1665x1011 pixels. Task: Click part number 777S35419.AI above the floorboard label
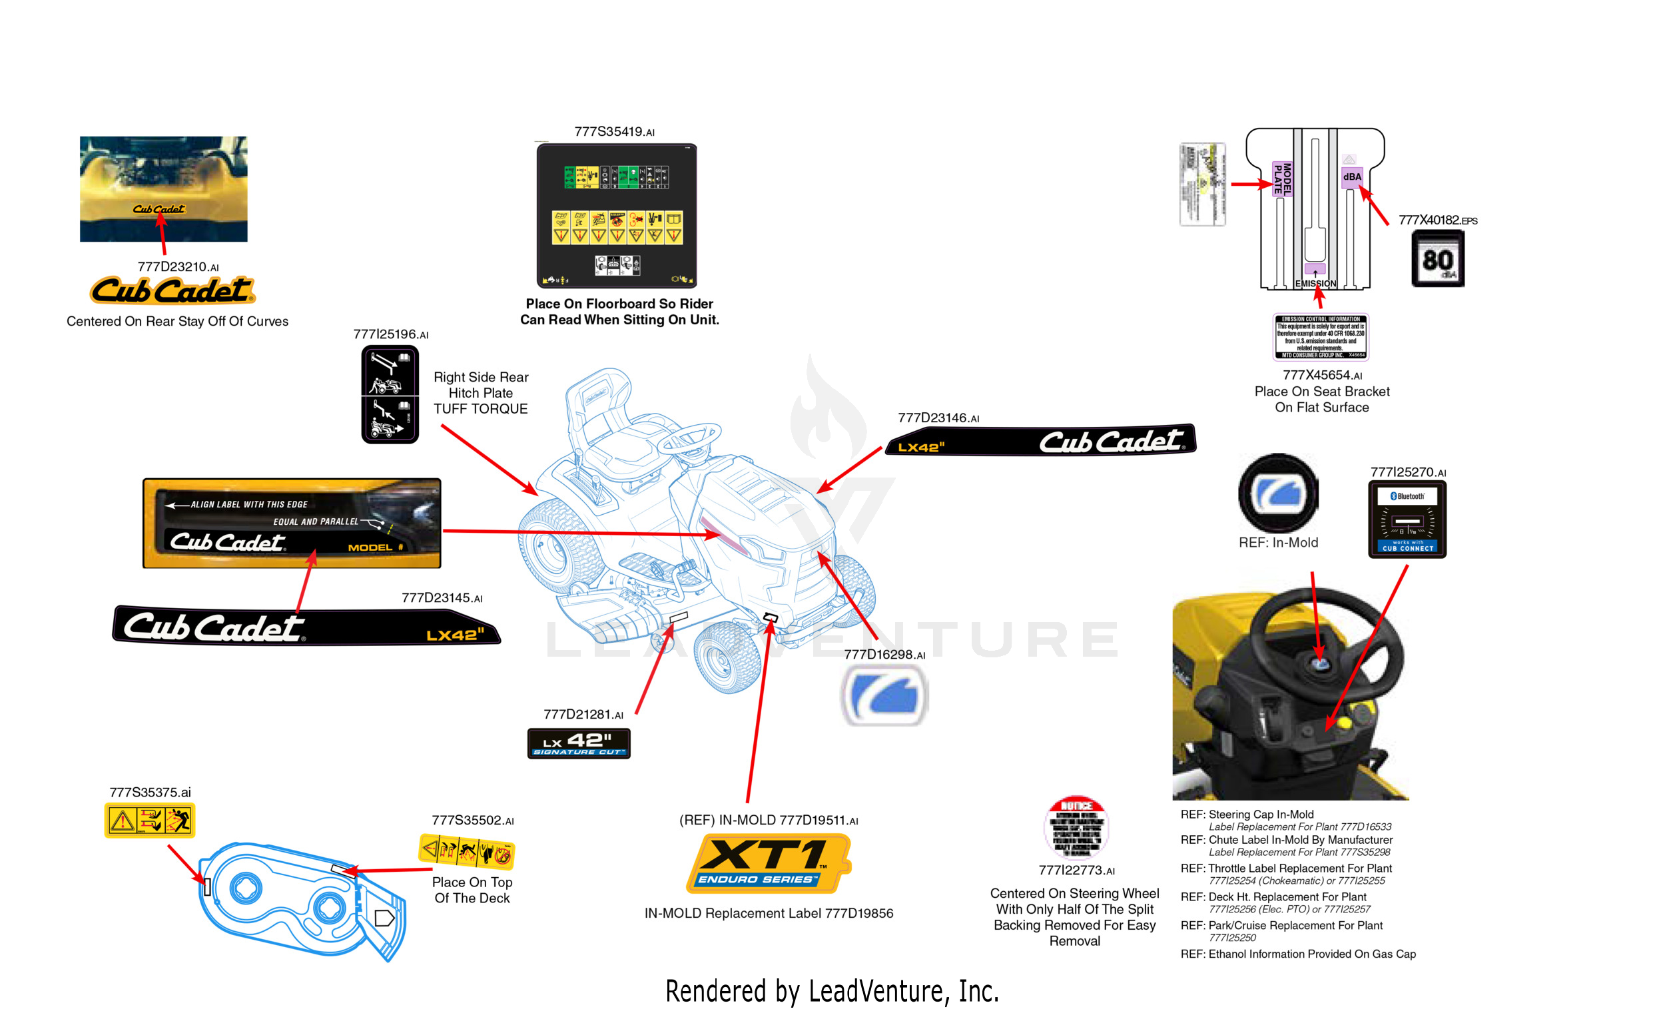tap(613, 132)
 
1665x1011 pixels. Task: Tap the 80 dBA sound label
tap(1437, 259)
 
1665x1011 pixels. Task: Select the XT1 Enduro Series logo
tap(768, 863)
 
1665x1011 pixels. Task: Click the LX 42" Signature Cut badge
tap(579, 743)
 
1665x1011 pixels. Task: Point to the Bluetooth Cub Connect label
tap(1407, 519)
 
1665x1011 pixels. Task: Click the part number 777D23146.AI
tap(938, 418)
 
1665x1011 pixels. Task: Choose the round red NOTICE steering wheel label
tap(1076, 827)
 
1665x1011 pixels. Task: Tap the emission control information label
tap(1321, 336)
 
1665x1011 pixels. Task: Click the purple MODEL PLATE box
tap(1282, 179)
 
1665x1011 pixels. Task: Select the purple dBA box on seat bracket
tap(1351, 177)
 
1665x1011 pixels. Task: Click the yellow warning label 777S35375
tap(149, 821)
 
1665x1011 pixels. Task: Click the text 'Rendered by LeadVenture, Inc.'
tap(832, 991)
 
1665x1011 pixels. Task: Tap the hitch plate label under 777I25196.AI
tap(390, 395)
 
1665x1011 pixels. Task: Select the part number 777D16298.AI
tap(884, 654)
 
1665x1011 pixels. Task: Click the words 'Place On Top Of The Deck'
tap(472, 890)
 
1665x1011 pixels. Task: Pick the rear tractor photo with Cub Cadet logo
tap(164, 189)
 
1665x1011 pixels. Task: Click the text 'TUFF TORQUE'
tap(480, 409)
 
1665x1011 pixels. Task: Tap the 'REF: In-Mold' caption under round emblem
tap(1278, 542)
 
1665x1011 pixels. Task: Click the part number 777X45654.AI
tap(1322, 375)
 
